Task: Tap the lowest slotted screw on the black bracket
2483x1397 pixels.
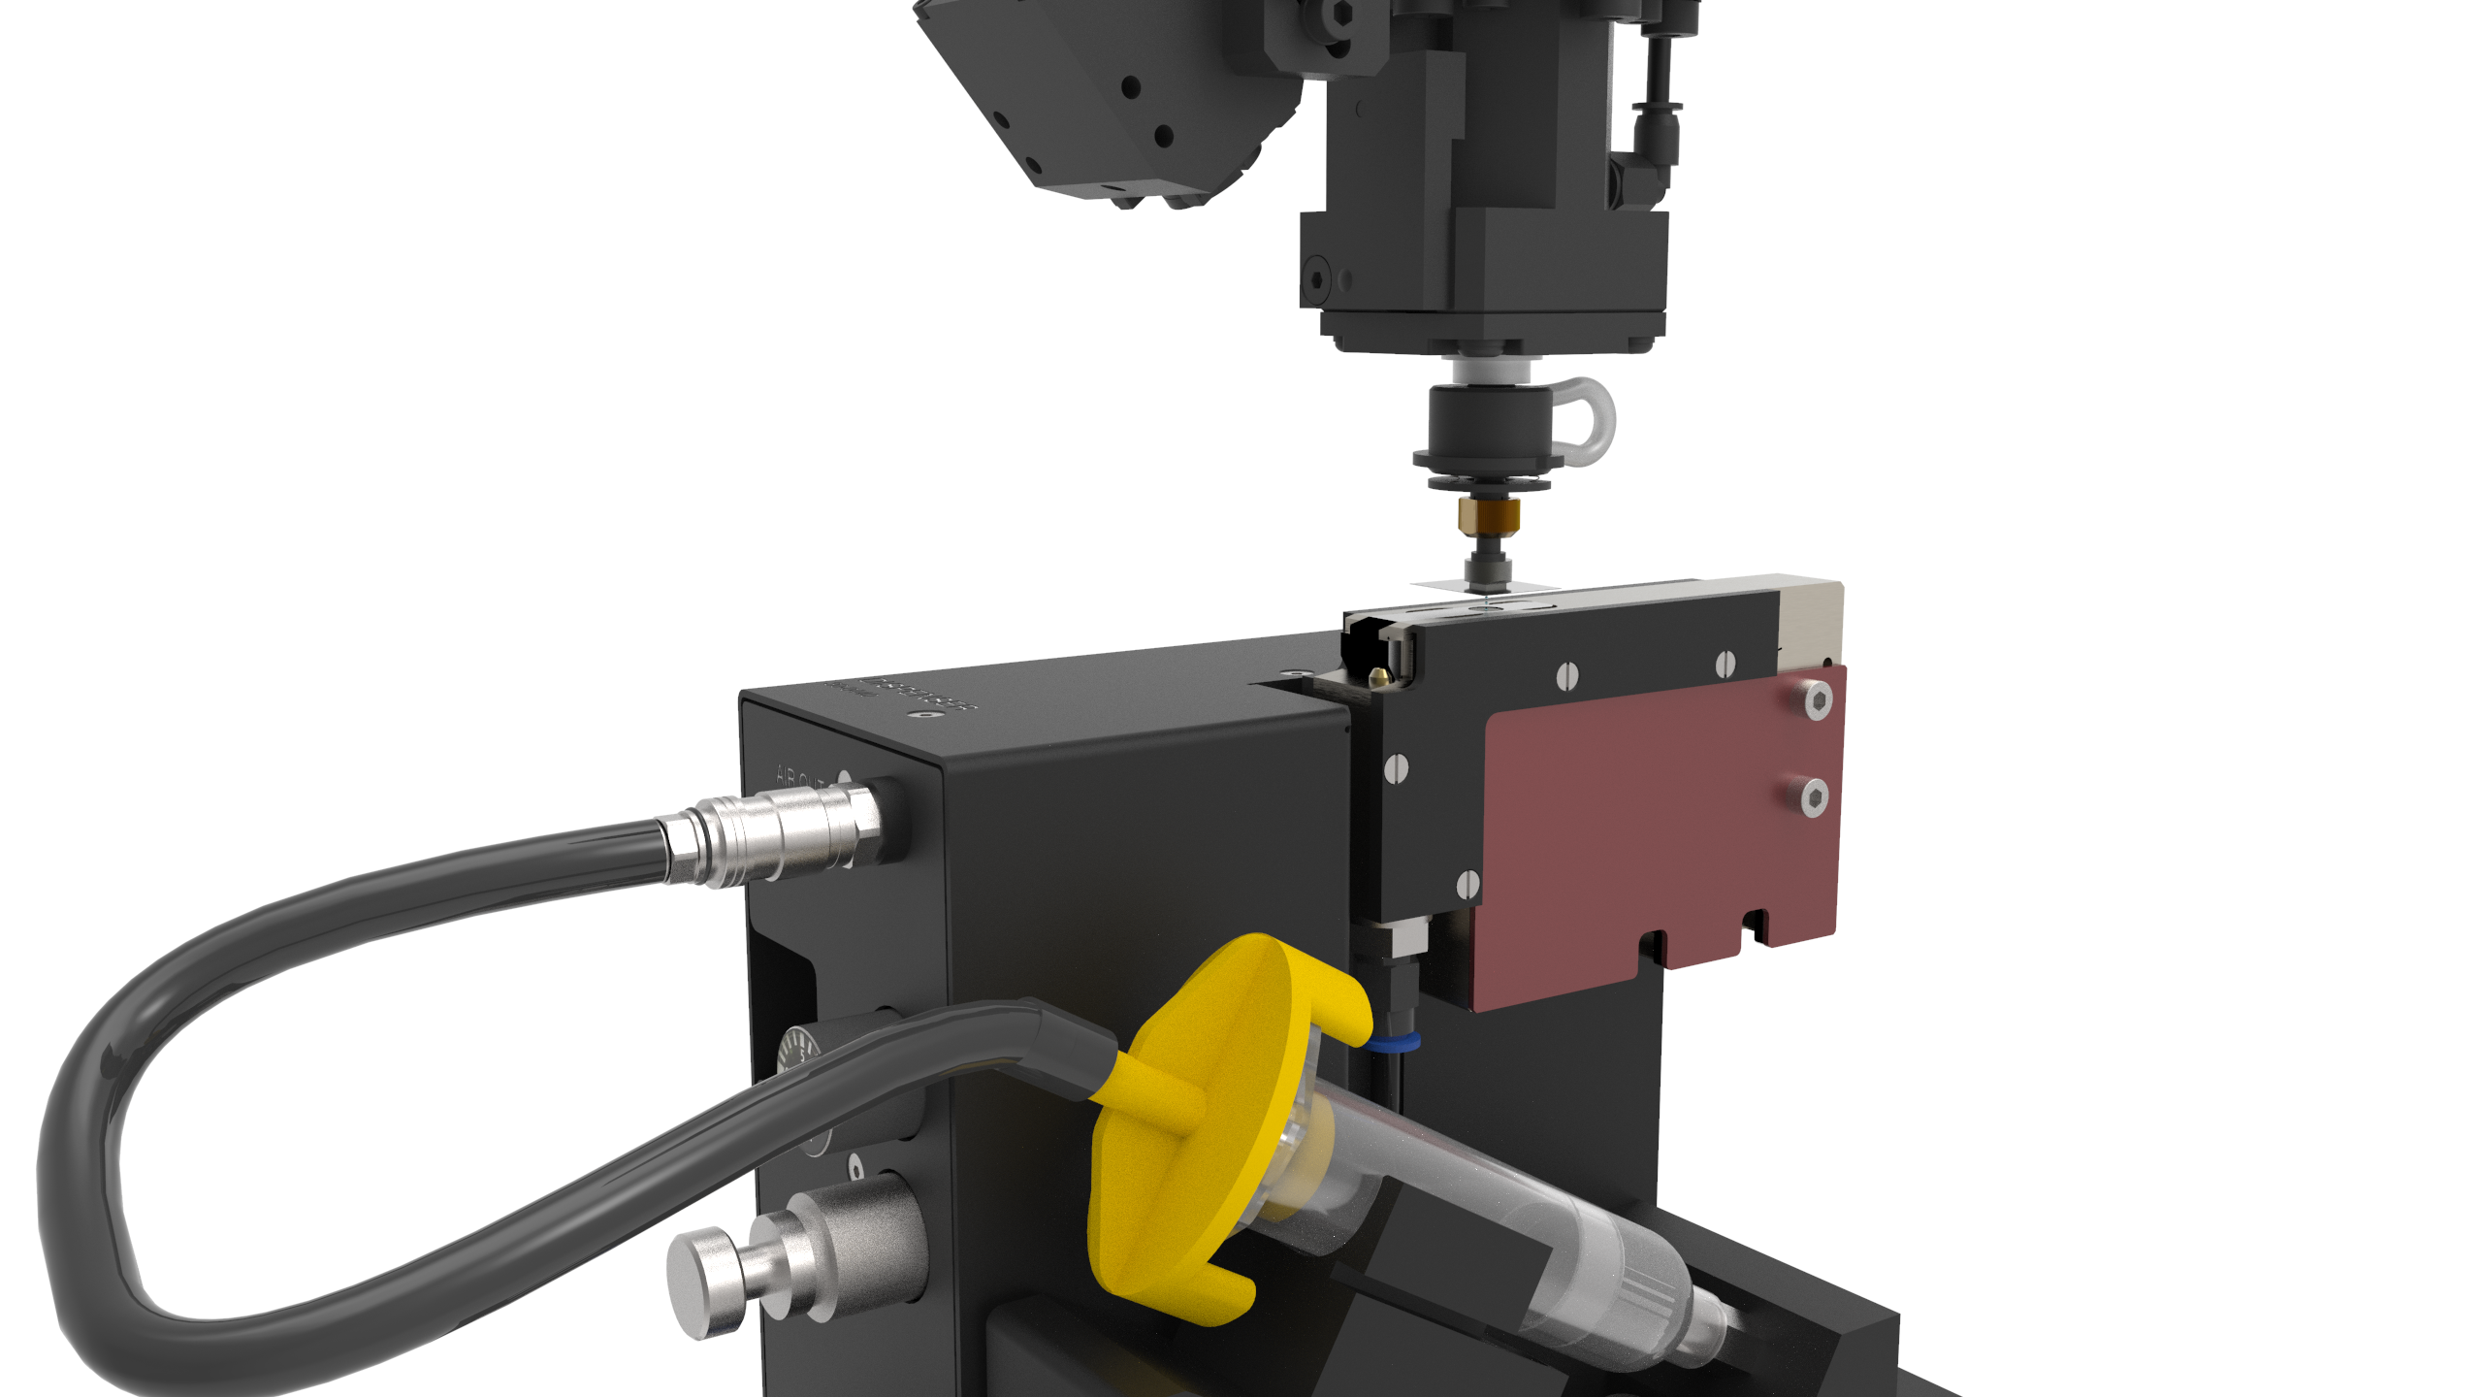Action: coord(1468,884)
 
